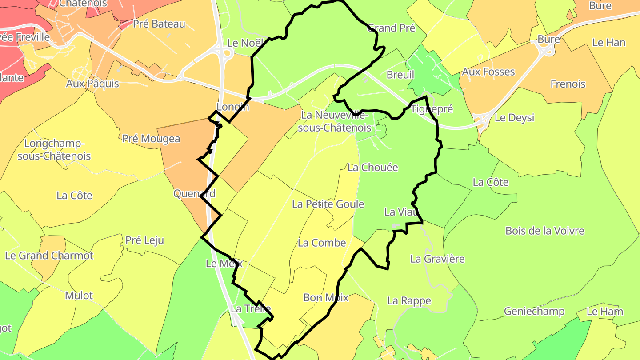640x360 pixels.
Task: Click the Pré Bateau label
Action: (x=159, y=24)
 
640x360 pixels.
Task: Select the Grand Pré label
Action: (x=392, y=28)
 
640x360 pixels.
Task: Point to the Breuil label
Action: (x=400, y=75)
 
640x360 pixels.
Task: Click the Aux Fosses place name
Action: (x=488, y=72)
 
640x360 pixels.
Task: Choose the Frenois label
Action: (x=568, y=84)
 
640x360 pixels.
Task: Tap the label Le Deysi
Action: (x=514, y=118)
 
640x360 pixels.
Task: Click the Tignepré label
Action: (x=432, y=109)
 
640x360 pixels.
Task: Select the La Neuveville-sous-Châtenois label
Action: (x=336, y=121)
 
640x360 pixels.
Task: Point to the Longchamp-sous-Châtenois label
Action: (x=54, y=150)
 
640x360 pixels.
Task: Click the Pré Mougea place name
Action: (x=151, y=139)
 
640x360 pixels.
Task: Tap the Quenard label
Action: (x=194, y=193)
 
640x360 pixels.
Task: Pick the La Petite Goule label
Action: (x=328, y=204)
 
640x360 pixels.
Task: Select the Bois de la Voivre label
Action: (x=544, y=231)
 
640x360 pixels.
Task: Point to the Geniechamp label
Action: (x=534, y=311)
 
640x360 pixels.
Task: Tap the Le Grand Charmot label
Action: (x=49, y=256)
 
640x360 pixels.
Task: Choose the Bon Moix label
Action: (x=325, y=297)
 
